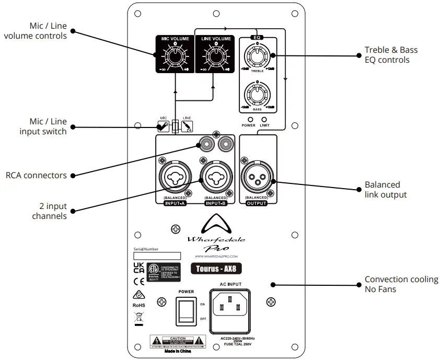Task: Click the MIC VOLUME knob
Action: click(175, 55)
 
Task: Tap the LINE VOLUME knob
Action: click(215, 55)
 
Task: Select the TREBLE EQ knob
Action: click(257, 56)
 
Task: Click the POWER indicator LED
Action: click(249, 119)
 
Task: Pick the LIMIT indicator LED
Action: click(264, 119)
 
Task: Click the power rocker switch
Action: click(185, 311)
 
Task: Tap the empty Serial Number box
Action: click(157, 256)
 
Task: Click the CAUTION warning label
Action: click(178, 342)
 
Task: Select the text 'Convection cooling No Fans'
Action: click(401, 284)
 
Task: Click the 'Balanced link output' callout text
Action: click(386, 190)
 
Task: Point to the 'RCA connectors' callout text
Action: click(36, 176)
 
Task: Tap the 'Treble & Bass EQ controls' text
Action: click(391, 55)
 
